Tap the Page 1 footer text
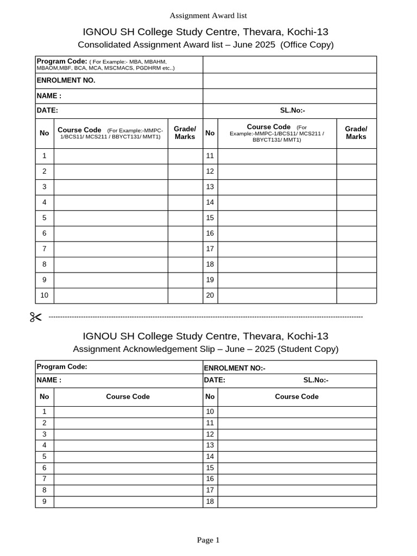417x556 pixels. (x=208, y=540)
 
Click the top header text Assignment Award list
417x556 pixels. (x=208, y=16)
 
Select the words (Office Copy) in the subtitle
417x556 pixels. (x=307, y=45)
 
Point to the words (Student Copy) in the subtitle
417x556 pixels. (x=308, y=349)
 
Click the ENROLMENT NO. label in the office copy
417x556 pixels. (x=66, y=80)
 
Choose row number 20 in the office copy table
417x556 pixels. (x=210, y=295)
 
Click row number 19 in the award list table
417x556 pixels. (x=210, y=280)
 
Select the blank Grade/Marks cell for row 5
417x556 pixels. (x=185, y=218)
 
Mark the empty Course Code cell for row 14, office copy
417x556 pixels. (x=277, y=202)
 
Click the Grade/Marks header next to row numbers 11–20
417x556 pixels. (x=356, y=132)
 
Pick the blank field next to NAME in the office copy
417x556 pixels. (x=289, y=96)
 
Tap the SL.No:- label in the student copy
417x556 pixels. (x=316, y=380)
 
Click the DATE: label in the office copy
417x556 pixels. (x=47, y=110)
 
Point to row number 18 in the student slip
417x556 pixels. (x=210, y=501)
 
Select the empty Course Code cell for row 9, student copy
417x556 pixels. (x=128, y=501)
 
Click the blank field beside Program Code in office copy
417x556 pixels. (x=289, y=64)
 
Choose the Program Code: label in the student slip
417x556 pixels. (x=62, y=367)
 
